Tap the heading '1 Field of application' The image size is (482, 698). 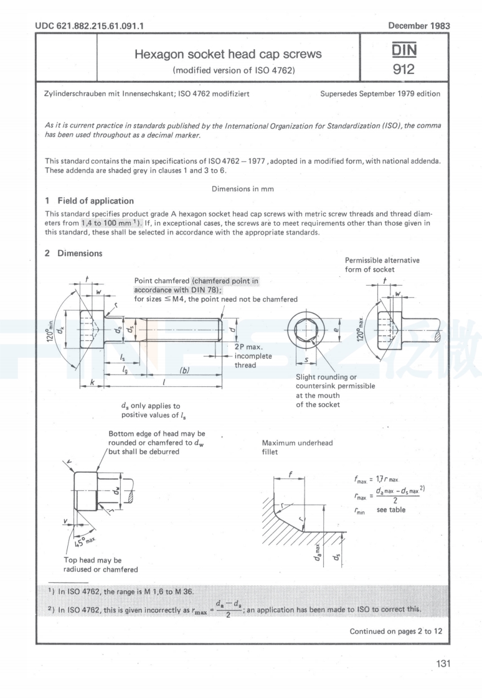(x=89, y=200)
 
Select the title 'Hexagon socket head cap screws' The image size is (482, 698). (x=229, y=54)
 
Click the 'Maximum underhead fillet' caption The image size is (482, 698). (x=298, y=447)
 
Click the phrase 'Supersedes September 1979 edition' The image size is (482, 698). (x=380, y=94)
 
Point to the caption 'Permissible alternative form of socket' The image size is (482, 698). (x=382, y=264)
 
